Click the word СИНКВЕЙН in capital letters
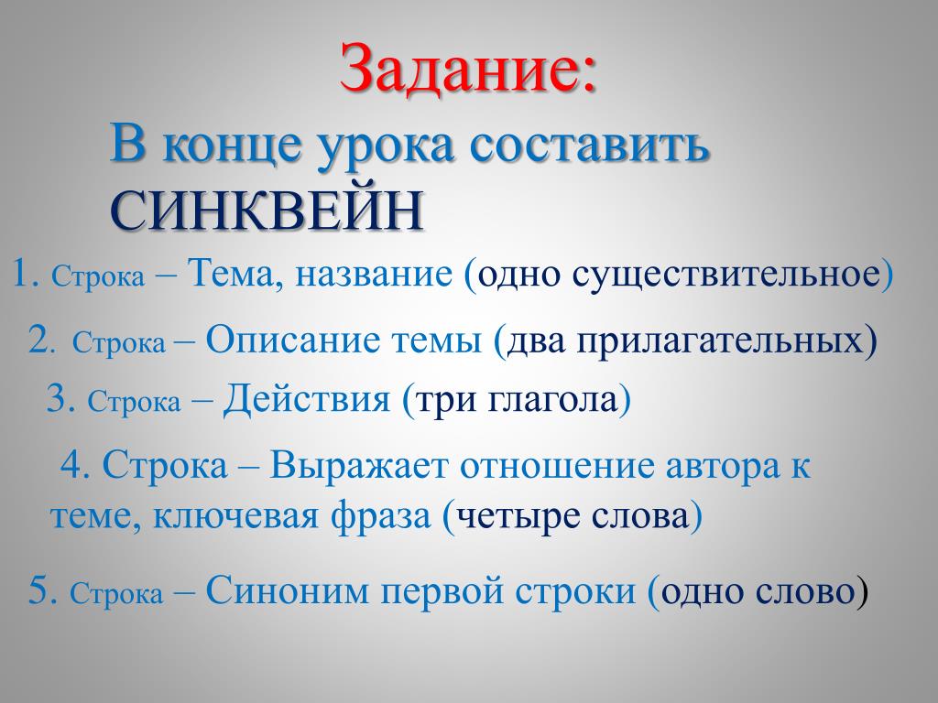point(267,211)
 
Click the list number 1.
point(25,275)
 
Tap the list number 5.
point(42,591)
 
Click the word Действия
point(307,399)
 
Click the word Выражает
point(358,466)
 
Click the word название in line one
point(374,276)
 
